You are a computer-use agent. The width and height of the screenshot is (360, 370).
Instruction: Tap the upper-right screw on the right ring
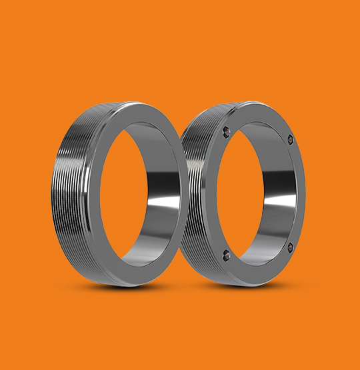click(x=291, y=139)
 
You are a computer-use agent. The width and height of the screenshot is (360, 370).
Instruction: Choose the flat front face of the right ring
click(x=297, y=193)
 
